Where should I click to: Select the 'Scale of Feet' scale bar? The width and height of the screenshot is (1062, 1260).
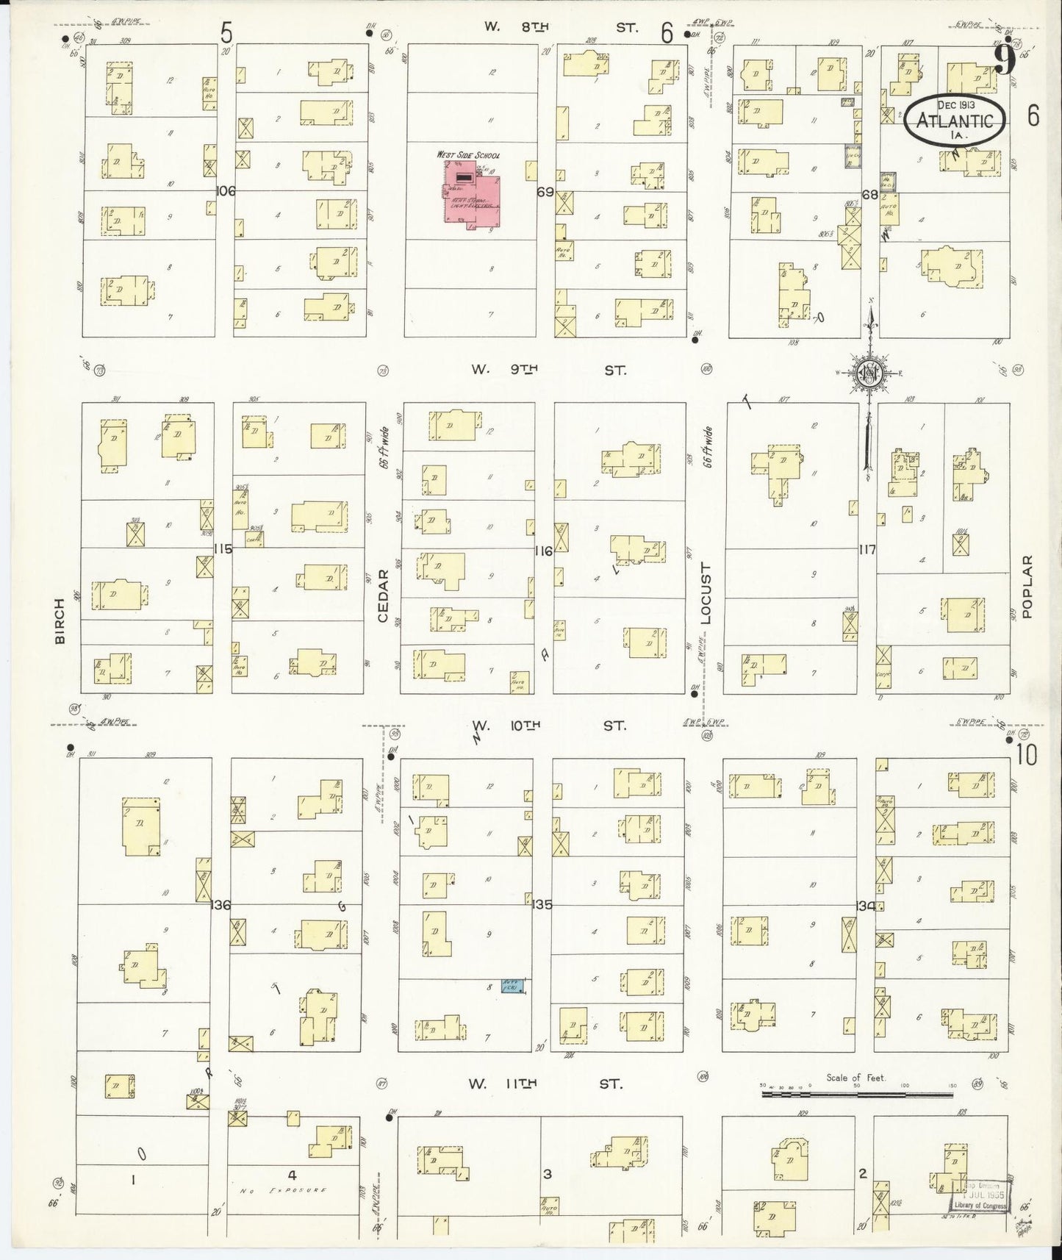(856, 1094)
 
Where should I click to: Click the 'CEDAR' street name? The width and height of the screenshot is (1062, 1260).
(383, 595)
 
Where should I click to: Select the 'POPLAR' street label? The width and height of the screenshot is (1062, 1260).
(1027, 586)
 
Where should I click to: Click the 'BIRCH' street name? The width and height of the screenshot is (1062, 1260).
(60, 621)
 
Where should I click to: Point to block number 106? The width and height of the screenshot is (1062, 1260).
(226, 191)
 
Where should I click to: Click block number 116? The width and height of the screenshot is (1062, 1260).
(544, 551)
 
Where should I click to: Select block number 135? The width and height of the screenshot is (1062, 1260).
(542, 905)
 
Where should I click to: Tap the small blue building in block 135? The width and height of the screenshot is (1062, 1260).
(512, 985)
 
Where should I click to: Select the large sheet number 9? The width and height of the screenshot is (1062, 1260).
(1005, 60)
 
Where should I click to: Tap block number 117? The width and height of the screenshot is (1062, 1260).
(867, 549)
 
